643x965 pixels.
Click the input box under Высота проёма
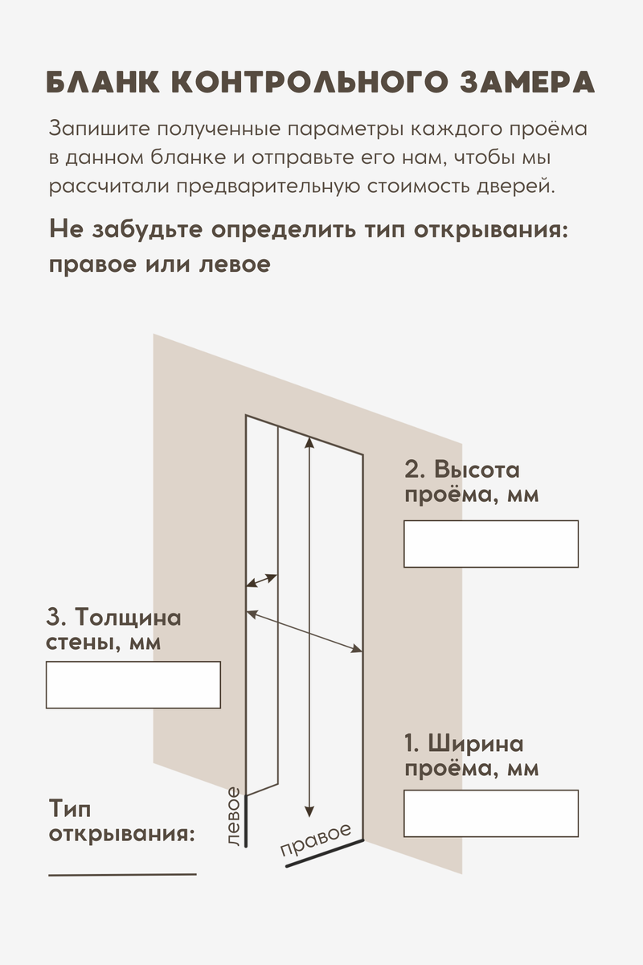coord(491,544)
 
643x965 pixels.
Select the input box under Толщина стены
coord(133,685)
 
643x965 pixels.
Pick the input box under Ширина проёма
coord(491,814)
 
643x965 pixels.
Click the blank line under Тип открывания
coord(122,873)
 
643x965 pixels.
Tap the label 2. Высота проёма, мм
coord(471,482)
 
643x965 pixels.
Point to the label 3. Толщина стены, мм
coord(113,630)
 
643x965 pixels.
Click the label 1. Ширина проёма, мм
coord(471,755)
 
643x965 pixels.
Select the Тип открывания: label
coord(121,819)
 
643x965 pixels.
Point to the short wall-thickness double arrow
coord(261,580)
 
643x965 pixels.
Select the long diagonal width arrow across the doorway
coord(304,633)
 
